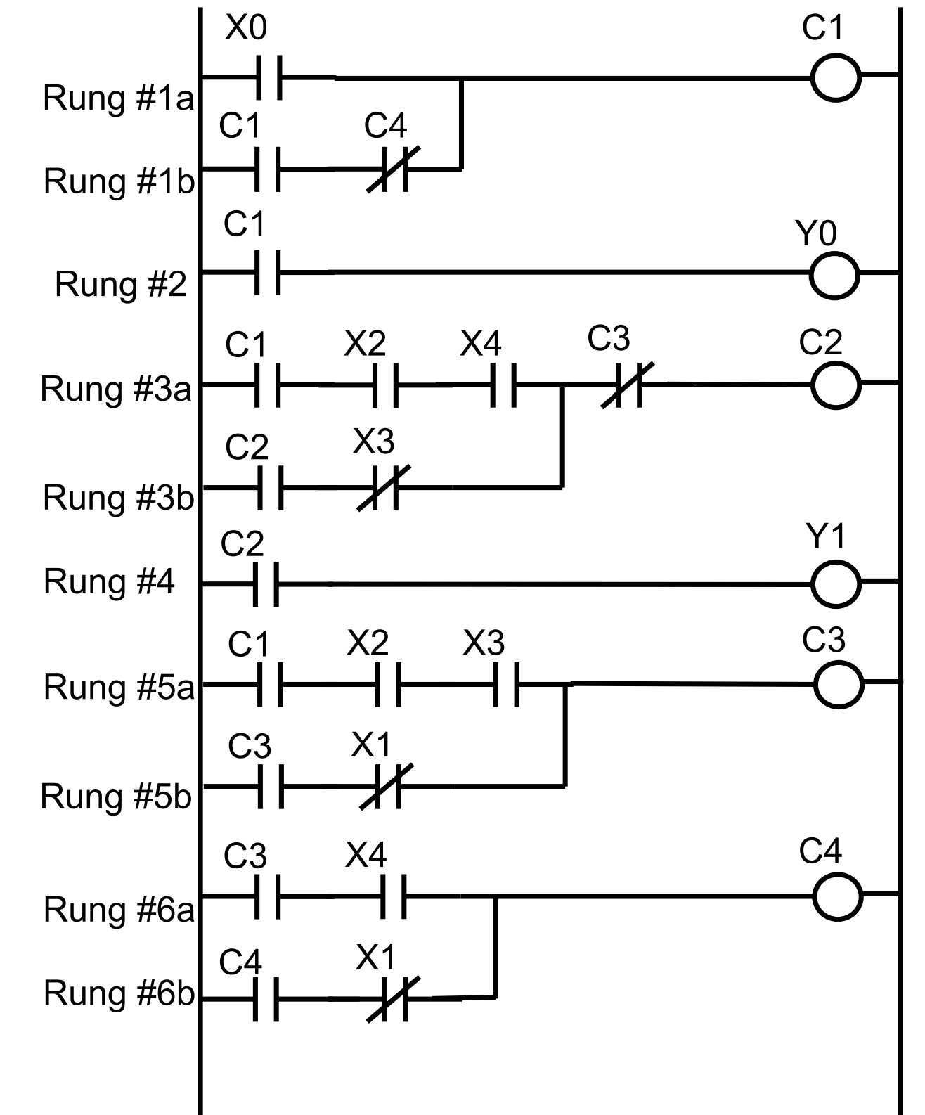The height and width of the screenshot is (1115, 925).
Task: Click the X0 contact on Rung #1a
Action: (x=268, y=76)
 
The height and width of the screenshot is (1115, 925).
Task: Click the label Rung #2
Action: (x=120, y=285)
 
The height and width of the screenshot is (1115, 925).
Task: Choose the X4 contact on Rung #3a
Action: (x=504, y=385)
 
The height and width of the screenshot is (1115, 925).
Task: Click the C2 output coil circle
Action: (x=836, y=385)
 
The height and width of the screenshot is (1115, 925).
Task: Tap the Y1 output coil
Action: (x=835, y=584)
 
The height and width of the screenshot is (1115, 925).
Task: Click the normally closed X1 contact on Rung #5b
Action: (x=387, y=787)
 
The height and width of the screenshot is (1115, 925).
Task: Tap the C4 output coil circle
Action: (x=837, y=896)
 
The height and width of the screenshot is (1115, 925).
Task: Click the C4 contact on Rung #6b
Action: (x=266, y=998)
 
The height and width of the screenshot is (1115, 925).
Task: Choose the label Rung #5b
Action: (x=116, y=797)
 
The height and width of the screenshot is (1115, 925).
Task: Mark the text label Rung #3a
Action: (x=116, y=389)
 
